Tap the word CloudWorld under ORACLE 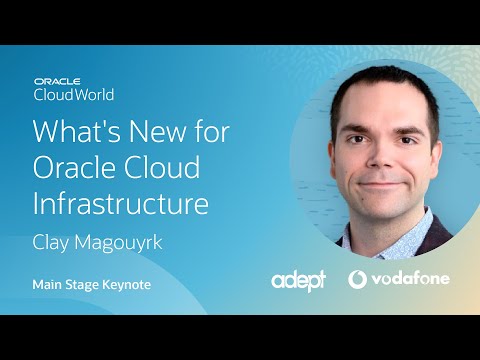(74, 95)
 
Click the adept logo (298, 281)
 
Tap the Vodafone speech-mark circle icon (358, 279)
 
